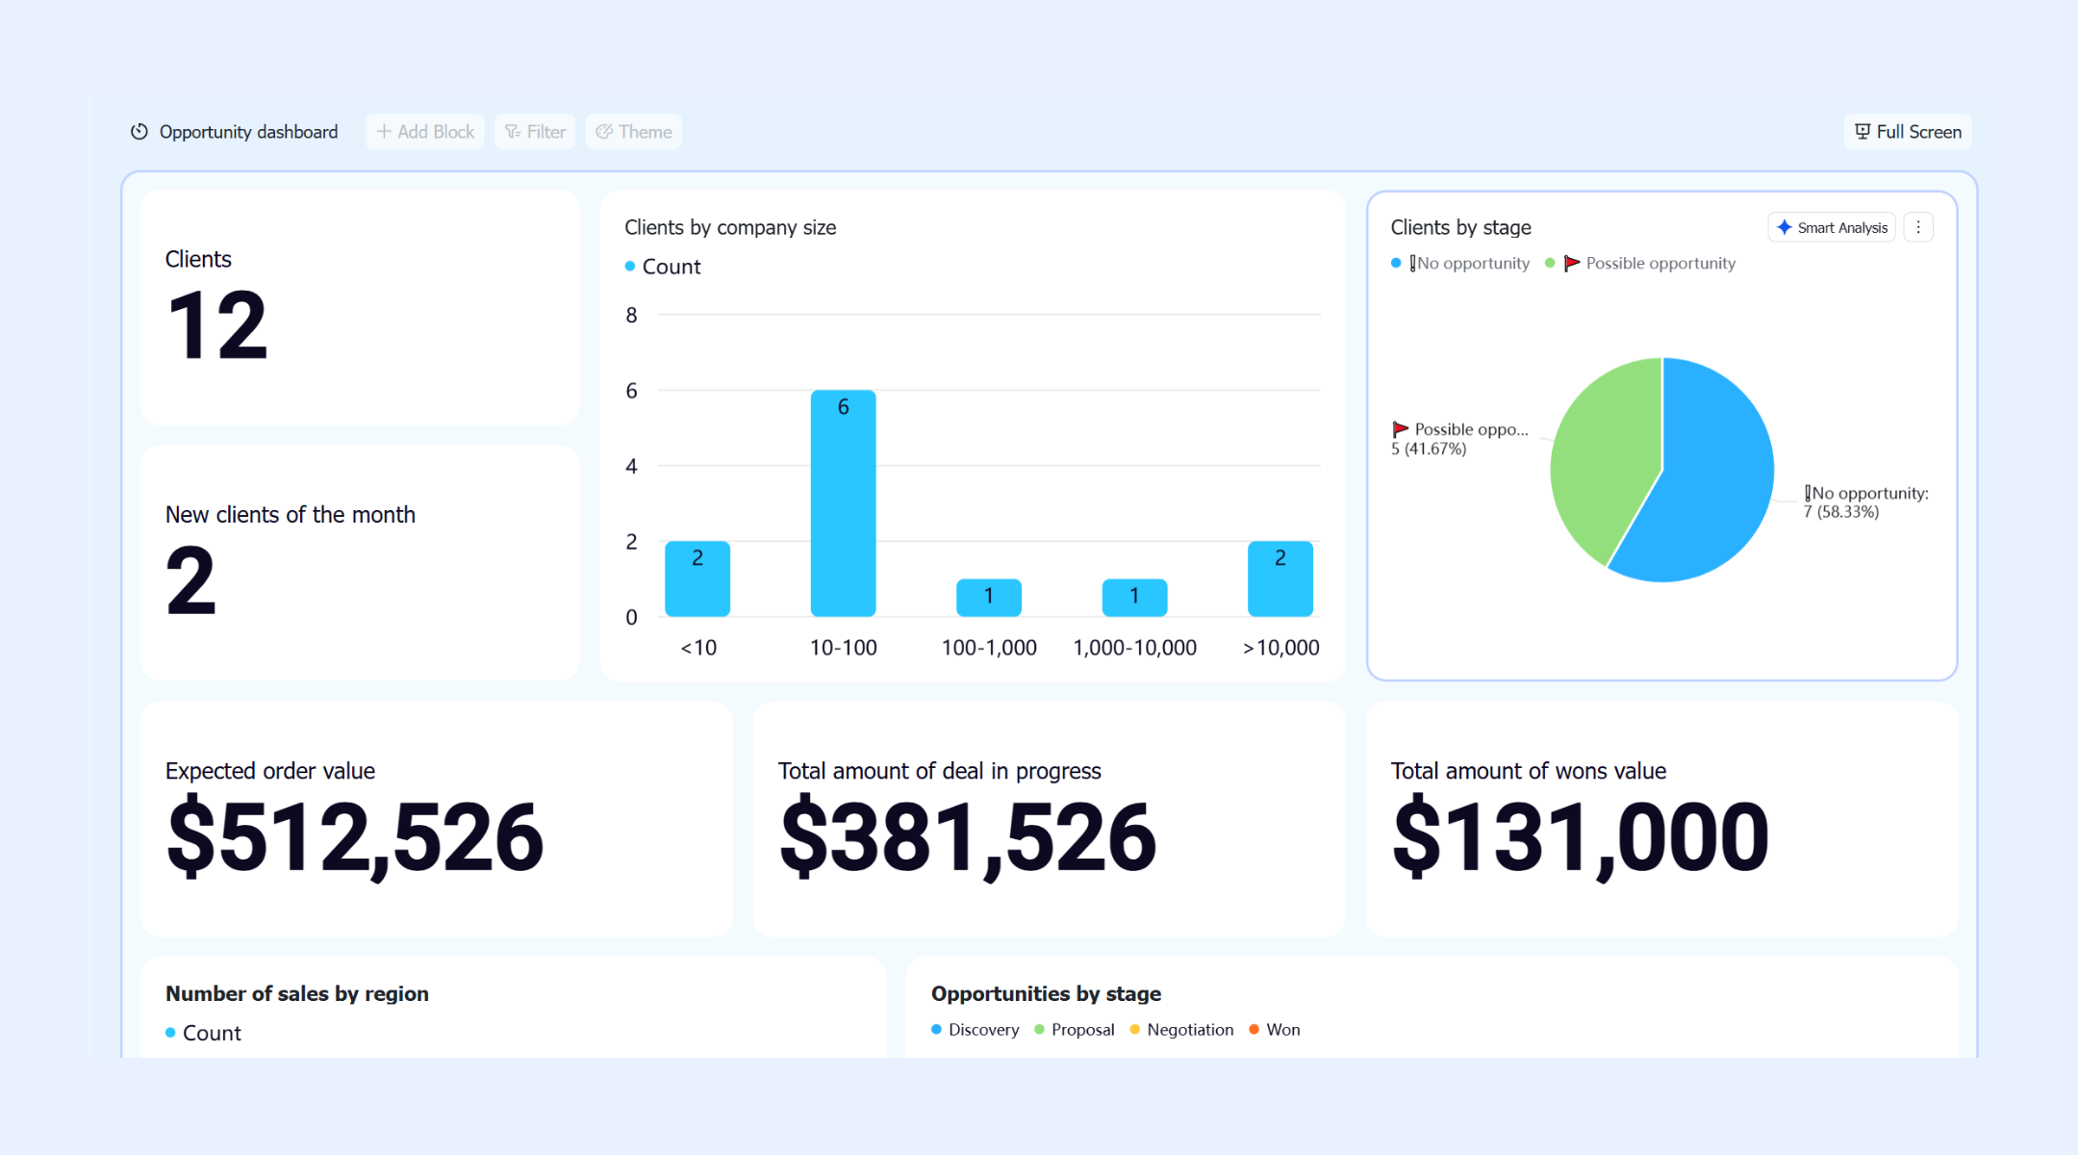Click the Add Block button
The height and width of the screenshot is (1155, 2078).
tap(424, 132)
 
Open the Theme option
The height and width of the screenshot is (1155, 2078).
tap(634, 132)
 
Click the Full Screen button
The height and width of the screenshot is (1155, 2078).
tap(1908, 132)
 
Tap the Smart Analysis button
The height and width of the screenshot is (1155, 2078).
tap(1832, 227)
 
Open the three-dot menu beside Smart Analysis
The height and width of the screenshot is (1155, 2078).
tap(1918, 227)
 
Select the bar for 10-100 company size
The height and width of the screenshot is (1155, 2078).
tap(843, 503)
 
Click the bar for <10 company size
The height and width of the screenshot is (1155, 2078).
tap(697, 579)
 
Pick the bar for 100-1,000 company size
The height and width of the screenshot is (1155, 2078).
tap(989, 598)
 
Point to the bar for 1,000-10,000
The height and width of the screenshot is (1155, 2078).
tap(1134, 598)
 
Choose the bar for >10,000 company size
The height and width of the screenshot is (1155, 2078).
tap(1280, 579)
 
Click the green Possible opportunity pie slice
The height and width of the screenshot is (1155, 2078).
tap(1602, 452)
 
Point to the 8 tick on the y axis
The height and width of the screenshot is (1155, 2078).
tap(631, 316)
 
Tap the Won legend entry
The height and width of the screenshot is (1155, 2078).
tap(1275, 1030)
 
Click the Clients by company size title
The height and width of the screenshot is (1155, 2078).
tap(730, 228)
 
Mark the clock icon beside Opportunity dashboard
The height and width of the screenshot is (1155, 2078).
tap(139, 132)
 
